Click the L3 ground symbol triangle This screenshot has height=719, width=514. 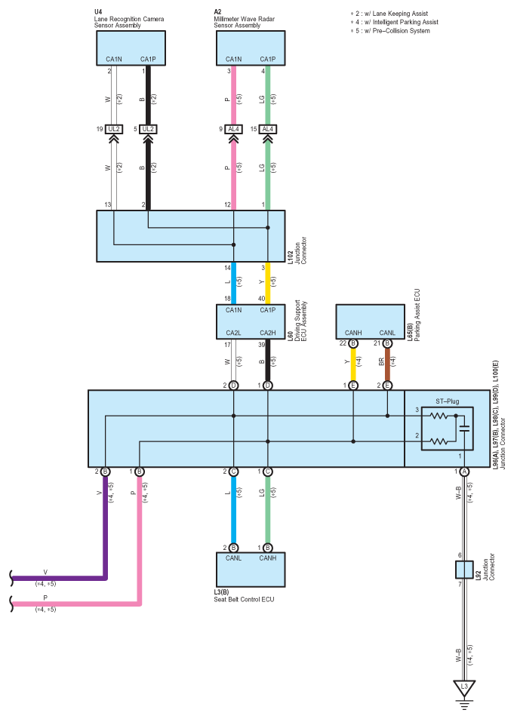point(464,688)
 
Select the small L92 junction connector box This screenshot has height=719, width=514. point(464,570)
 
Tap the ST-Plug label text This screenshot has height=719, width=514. point(447,401)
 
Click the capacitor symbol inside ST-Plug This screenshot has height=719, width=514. point(464,429)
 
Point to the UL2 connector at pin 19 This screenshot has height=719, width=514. point(113,129)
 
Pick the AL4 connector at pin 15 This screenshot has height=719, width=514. point(267,129)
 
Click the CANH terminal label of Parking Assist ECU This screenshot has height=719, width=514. point(353,333)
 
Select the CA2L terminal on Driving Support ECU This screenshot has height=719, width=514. point(233,333)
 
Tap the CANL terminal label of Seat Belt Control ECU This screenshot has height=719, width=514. point(233,558)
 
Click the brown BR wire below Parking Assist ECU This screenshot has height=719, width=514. point(387,364)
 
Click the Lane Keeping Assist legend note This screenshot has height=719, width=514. point(389,14)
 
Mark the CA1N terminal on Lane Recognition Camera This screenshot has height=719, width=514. point(114,59)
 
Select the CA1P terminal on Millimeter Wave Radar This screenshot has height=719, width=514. point(267,59)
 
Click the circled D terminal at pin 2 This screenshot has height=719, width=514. point(233,386)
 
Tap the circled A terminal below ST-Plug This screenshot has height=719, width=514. point(464,472)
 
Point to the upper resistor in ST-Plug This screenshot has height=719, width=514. point(439,416)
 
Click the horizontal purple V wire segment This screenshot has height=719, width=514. point(59,578)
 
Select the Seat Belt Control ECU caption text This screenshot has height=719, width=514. point(244,599)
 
